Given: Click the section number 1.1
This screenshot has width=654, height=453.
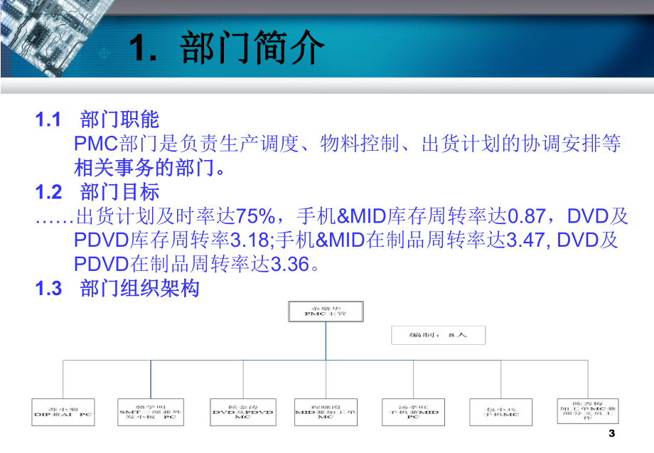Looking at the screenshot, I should pyautogui.click(x=49, y=119).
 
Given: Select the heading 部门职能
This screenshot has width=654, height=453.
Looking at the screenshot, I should pyautogui.click(x=120, y=119).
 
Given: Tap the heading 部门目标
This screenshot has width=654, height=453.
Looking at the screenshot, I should pyautogui.click(x=120, y=192).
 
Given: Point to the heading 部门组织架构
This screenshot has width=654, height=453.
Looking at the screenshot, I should pyautogui.click(x=140, y=289).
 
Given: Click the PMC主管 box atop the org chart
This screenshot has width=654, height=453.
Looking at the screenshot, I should pyautogui.click(x=325, y=311).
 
